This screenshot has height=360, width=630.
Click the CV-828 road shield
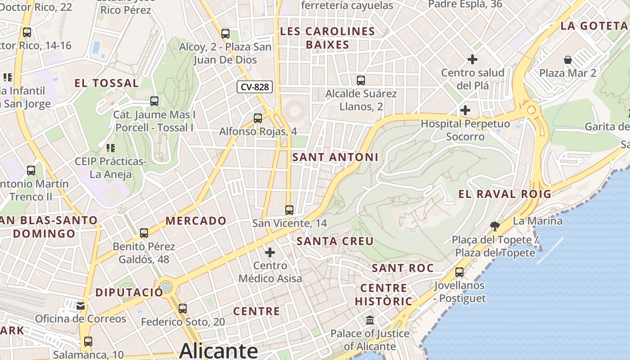coord(255,86)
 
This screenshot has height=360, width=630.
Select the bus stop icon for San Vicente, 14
coord(289,210)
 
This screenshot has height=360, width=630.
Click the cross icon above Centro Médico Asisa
coord(270,252)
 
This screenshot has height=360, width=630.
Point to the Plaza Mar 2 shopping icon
coord(568,60)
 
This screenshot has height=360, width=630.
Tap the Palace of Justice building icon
coord(370,320)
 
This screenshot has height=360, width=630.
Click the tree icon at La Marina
coord(495,225)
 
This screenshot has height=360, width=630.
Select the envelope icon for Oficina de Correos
coord(81,306)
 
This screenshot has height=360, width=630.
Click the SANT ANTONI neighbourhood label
coord(335,157)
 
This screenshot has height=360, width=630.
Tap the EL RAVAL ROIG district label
coord(504,194)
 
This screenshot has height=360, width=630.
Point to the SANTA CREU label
coord(335,241)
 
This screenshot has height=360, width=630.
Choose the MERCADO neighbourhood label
coord(196,220)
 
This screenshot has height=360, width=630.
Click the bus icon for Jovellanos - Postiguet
coord(459,272)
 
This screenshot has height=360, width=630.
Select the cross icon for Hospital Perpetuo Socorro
coord(465,110)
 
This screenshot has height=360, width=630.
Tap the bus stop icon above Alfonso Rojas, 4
coord(258,118)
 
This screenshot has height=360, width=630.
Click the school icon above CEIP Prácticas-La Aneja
coord(111,148)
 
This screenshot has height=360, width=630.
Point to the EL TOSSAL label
coord(107,83)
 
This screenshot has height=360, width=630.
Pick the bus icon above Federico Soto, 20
coord(182,309)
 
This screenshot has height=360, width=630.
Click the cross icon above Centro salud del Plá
coord(472,59)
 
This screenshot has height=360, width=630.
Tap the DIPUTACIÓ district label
coord(129,292)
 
